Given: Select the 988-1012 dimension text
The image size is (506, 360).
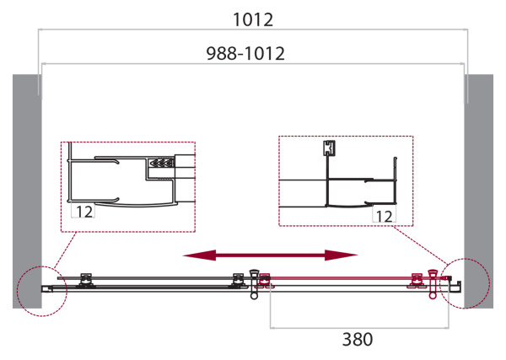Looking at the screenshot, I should pos(245,53).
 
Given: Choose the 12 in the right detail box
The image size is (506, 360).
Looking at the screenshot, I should pos(383,216).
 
